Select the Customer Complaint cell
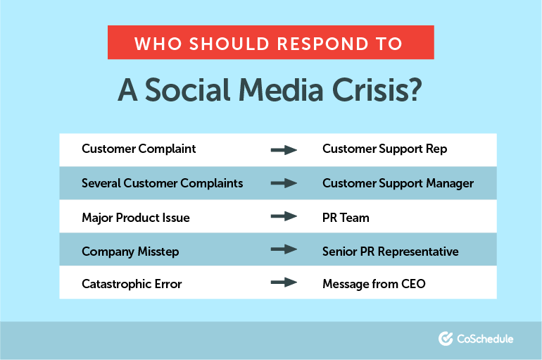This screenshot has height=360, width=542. click(x=139, y=149)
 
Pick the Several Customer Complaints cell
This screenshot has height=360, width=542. click(x=162, y=183)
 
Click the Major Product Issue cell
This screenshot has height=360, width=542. click(x=135, y=218)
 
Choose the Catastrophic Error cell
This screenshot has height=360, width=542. click(x=132, y=285)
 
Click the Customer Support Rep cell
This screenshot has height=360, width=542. click(x=384, y=149)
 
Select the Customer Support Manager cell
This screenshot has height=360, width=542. click(x=398, y=183)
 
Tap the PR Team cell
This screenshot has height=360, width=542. click(x=346, y=218)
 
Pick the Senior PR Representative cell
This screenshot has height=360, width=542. click(x=390, y=252)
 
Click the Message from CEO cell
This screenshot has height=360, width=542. click(x=374, y=285)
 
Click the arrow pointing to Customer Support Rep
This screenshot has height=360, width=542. click(x=284, y=149)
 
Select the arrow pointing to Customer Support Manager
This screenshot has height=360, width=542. click(x=284, y=183)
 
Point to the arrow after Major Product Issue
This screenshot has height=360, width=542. click(x=284, y=217)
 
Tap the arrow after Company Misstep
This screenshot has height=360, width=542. click(x=284, y=251)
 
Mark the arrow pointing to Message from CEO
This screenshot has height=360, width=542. click(x=284, y=284)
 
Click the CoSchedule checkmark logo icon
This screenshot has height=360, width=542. click(x=445, y=339)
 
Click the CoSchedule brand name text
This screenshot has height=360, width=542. click(x=485, y=339)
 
